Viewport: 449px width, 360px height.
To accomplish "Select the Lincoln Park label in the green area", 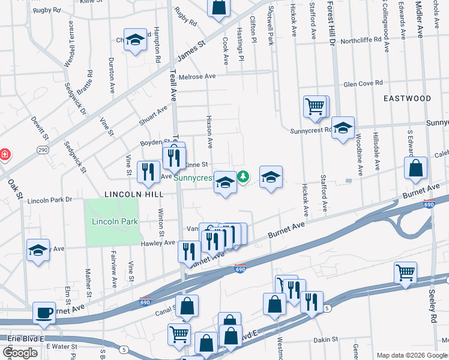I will click(115, 222).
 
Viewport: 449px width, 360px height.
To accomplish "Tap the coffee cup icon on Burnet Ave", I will click(44, 313).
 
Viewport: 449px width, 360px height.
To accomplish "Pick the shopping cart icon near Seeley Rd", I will click(406, 273).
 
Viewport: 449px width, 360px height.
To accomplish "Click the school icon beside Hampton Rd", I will click(136, 40).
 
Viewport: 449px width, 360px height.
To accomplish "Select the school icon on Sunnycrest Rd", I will click(343, 128).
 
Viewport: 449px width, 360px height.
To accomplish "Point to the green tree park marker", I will click(244, 176).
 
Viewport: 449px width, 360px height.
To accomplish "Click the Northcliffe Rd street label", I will click(361, 40).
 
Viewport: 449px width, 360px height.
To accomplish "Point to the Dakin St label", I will click(325, 339).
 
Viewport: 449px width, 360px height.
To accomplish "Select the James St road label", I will click(191, 52).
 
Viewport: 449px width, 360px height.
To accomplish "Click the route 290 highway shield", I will click(42, 149).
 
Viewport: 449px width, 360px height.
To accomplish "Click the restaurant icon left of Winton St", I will click(148, 172).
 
